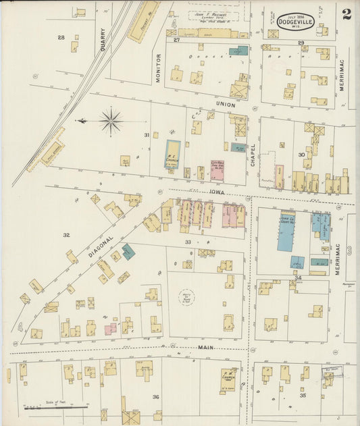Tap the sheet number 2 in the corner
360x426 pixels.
pyautogui.click(x=346, y=15)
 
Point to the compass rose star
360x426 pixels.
pyautogui.click(x=111, y=122)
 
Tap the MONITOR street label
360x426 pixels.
pyautogui.click(x=159, y=68)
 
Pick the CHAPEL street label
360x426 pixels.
pyautogui.click(x=253, y=155)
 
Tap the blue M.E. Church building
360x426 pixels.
pyautogui.click(x=173, y=154)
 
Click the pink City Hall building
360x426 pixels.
pyautogui.click(x=217, y=169)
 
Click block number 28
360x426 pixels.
pyautogui.click(x=61, y=37)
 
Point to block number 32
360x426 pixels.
pyautogui.click(x=66, y=235)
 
